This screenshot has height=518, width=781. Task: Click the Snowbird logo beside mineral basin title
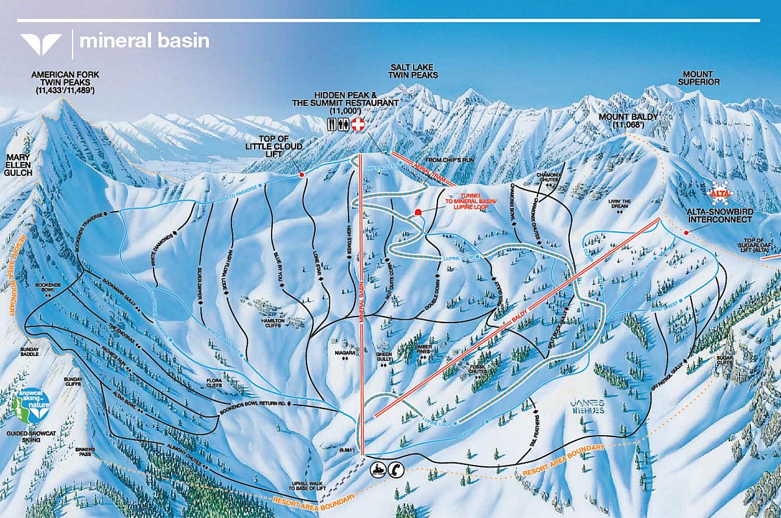[41, 43]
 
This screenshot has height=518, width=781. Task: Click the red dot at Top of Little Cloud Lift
[302, 174]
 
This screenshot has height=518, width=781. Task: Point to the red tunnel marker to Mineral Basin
[418, 212]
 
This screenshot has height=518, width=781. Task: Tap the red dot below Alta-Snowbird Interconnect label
[686, 232]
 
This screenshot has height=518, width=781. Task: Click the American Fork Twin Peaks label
[65, 83]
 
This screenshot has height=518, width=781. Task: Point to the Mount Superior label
[698, 78]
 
